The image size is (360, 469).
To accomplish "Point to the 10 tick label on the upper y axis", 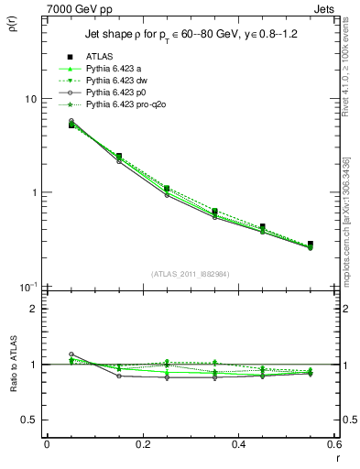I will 28,99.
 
